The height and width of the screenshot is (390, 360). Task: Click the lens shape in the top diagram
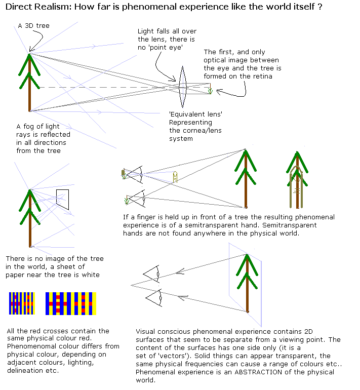point(182,87)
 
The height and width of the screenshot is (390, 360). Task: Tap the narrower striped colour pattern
point(21,303)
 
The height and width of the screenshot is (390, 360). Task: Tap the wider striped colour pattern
point(70,303)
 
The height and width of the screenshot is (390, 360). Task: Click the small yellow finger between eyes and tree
point(175,177)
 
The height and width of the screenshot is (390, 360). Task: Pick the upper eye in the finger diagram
point(135,175)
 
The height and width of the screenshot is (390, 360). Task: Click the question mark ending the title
point(320,8)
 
